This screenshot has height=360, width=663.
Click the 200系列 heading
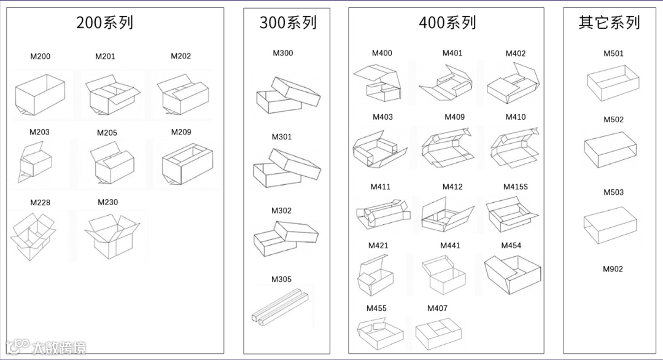(x=104, y=23)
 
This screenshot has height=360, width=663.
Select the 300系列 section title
(x=288, y=23)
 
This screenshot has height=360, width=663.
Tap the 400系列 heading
(x=447, y=23)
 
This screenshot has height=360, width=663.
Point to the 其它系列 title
(x=609, y=23)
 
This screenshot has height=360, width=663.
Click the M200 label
(x=41, y=57)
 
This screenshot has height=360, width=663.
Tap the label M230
(x=107, y=202)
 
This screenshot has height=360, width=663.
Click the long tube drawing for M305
(x=280, y=307)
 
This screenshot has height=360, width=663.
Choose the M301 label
(x=282, y=137)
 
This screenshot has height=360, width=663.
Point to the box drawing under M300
(x=287, y=95)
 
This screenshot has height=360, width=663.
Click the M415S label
(x=515, y=187)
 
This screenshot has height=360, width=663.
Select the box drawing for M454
(x=513, y=273)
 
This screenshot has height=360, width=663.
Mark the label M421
(x=378, y=246)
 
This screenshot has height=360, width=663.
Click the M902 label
(x=613, y=269)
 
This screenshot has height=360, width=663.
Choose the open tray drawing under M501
(x=613, y=83)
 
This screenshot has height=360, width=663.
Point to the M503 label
(x=613, y=192)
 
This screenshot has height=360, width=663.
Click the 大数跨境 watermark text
(x=60, y=348)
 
